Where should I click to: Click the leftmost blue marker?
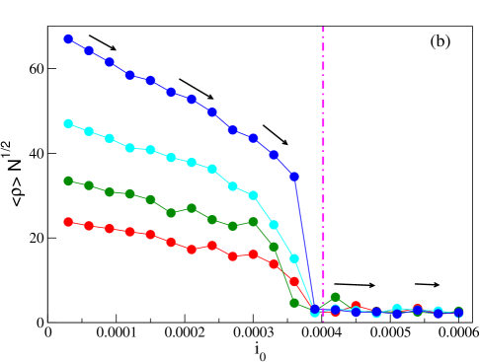click(x=68, y=38)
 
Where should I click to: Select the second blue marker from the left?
click(x=89, y=49)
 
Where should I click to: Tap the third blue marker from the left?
click(x=110, y=62)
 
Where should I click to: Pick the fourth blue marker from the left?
click(x=130, y=75)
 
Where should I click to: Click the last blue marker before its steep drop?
click(x=294, y=177)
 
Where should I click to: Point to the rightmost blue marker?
click(x=458, y=313)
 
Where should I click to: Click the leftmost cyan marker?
click(x=68, y=123)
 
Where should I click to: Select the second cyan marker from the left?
click(x=89, y=131)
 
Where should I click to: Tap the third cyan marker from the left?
click(x=110, y=138)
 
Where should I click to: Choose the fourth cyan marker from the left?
click(x=130, y=148)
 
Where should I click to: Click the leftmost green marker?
click(x=68, y=181)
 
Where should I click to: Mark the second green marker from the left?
click(x=89, y=185)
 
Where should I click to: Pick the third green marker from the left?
click(x=110, y=191)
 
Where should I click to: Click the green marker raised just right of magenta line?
click(x=336, y=297)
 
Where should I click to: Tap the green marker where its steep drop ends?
click(x=294, y=303)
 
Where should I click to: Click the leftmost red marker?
click(x=68, y=222)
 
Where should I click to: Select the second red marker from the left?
click(x=89, y=226)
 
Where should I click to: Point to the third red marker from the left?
click(x=110, y=229)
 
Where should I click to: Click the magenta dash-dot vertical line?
click(x=323, y=148)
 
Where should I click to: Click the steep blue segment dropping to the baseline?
click(x=304, y=243)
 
